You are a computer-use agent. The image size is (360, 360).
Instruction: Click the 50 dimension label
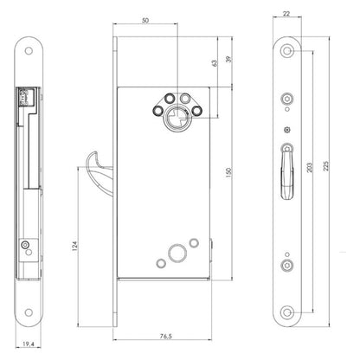pos(145,21)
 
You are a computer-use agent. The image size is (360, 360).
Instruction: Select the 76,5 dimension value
pos(166,336)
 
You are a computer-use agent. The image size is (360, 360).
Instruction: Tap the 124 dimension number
pos(74,246)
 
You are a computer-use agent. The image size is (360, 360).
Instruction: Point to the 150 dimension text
pos(228,172)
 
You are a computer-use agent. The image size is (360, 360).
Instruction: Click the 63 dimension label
pos(215,63)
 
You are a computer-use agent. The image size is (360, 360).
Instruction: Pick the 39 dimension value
pos(228,59)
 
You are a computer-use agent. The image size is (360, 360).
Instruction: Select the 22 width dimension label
pos(286,13)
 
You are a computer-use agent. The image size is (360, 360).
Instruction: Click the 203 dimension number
pos(309,168)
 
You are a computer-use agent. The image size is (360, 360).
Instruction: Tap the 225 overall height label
pos(326,166)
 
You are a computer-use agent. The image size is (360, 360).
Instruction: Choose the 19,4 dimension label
pos(29,344)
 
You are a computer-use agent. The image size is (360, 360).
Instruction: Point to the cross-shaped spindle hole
pos(175,120)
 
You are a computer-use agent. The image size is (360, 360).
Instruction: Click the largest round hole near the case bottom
pos(177,254)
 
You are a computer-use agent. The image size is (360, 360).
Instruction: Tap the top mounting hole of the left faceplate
pos(29,51)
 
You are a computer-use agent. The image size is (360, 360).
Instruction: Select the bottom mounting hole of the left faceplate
pos(29,312)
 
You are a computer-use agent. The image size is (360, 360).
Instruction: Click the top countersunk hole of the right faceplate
pos(287,51)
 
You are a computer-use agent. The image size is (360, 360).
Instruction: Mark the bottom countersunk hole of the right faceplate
pos(287,312)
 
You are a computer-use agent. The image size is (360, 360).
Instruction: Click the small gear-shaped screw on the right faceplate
pos(287,130)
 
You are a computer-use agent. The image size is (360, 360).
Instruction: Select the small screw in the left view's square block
pos(25,245)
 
